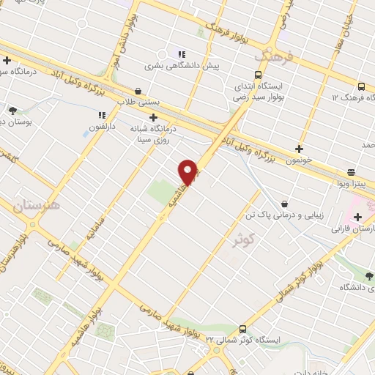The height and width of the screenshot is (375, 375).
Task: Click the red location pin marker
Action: [188, 172]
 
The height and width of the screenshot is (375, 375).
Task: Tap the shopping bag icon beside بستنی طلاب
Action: [138, 91]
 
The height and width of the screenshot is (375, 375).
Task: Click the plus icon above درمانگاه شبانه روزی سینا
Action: [153, 117]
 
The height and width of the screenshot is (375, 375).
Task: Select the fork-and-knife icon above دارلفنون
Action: [101, 114]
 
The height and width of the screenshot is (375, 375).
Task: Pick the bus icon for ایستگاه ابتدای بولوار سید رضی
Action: [257, 75]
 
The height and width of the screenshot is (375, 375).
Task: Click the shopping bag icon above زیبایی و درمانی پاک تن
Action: [284, 203]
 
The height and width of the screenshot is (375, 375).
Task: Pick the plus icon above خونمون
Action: [299, 149]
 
